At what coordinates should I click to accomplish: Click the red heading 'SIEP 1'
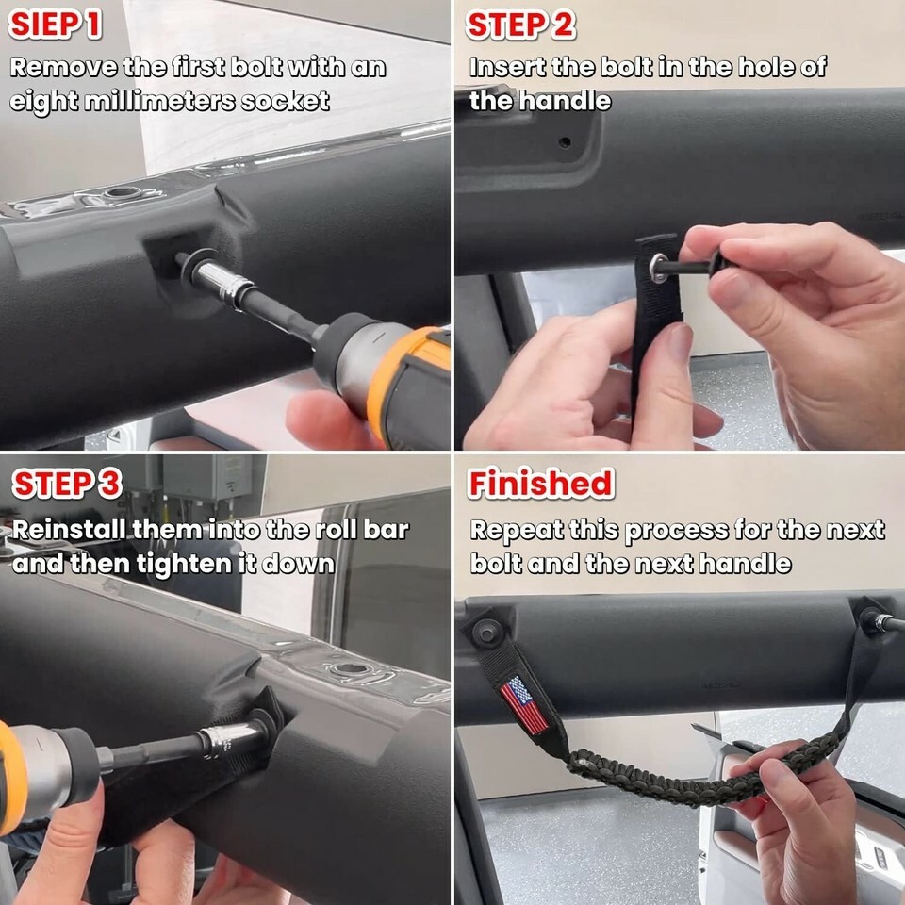[x=56, y=25]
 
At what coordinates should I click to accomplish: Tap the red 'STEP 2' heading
[x=520, y=25]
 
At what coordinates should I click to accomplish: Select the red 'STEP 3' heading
[x=67, y=484]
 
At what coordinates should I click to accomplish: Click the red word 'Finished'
[x=540, y=484]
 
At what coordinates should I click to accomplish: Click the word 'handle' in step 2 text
[x=565, y=101]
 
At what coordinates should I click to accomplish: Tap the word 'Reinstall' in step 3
[x=68, y=530]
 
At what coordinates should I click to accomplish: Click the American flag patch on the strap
[x=524, y=705]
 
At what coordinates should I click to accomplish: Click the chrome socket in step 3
[x=231, y=738]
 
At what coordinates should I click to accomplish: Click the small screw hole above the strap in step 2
[x=565, y=142]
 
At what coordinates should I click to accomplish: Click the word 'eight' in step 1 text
[x=44, y=102]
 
